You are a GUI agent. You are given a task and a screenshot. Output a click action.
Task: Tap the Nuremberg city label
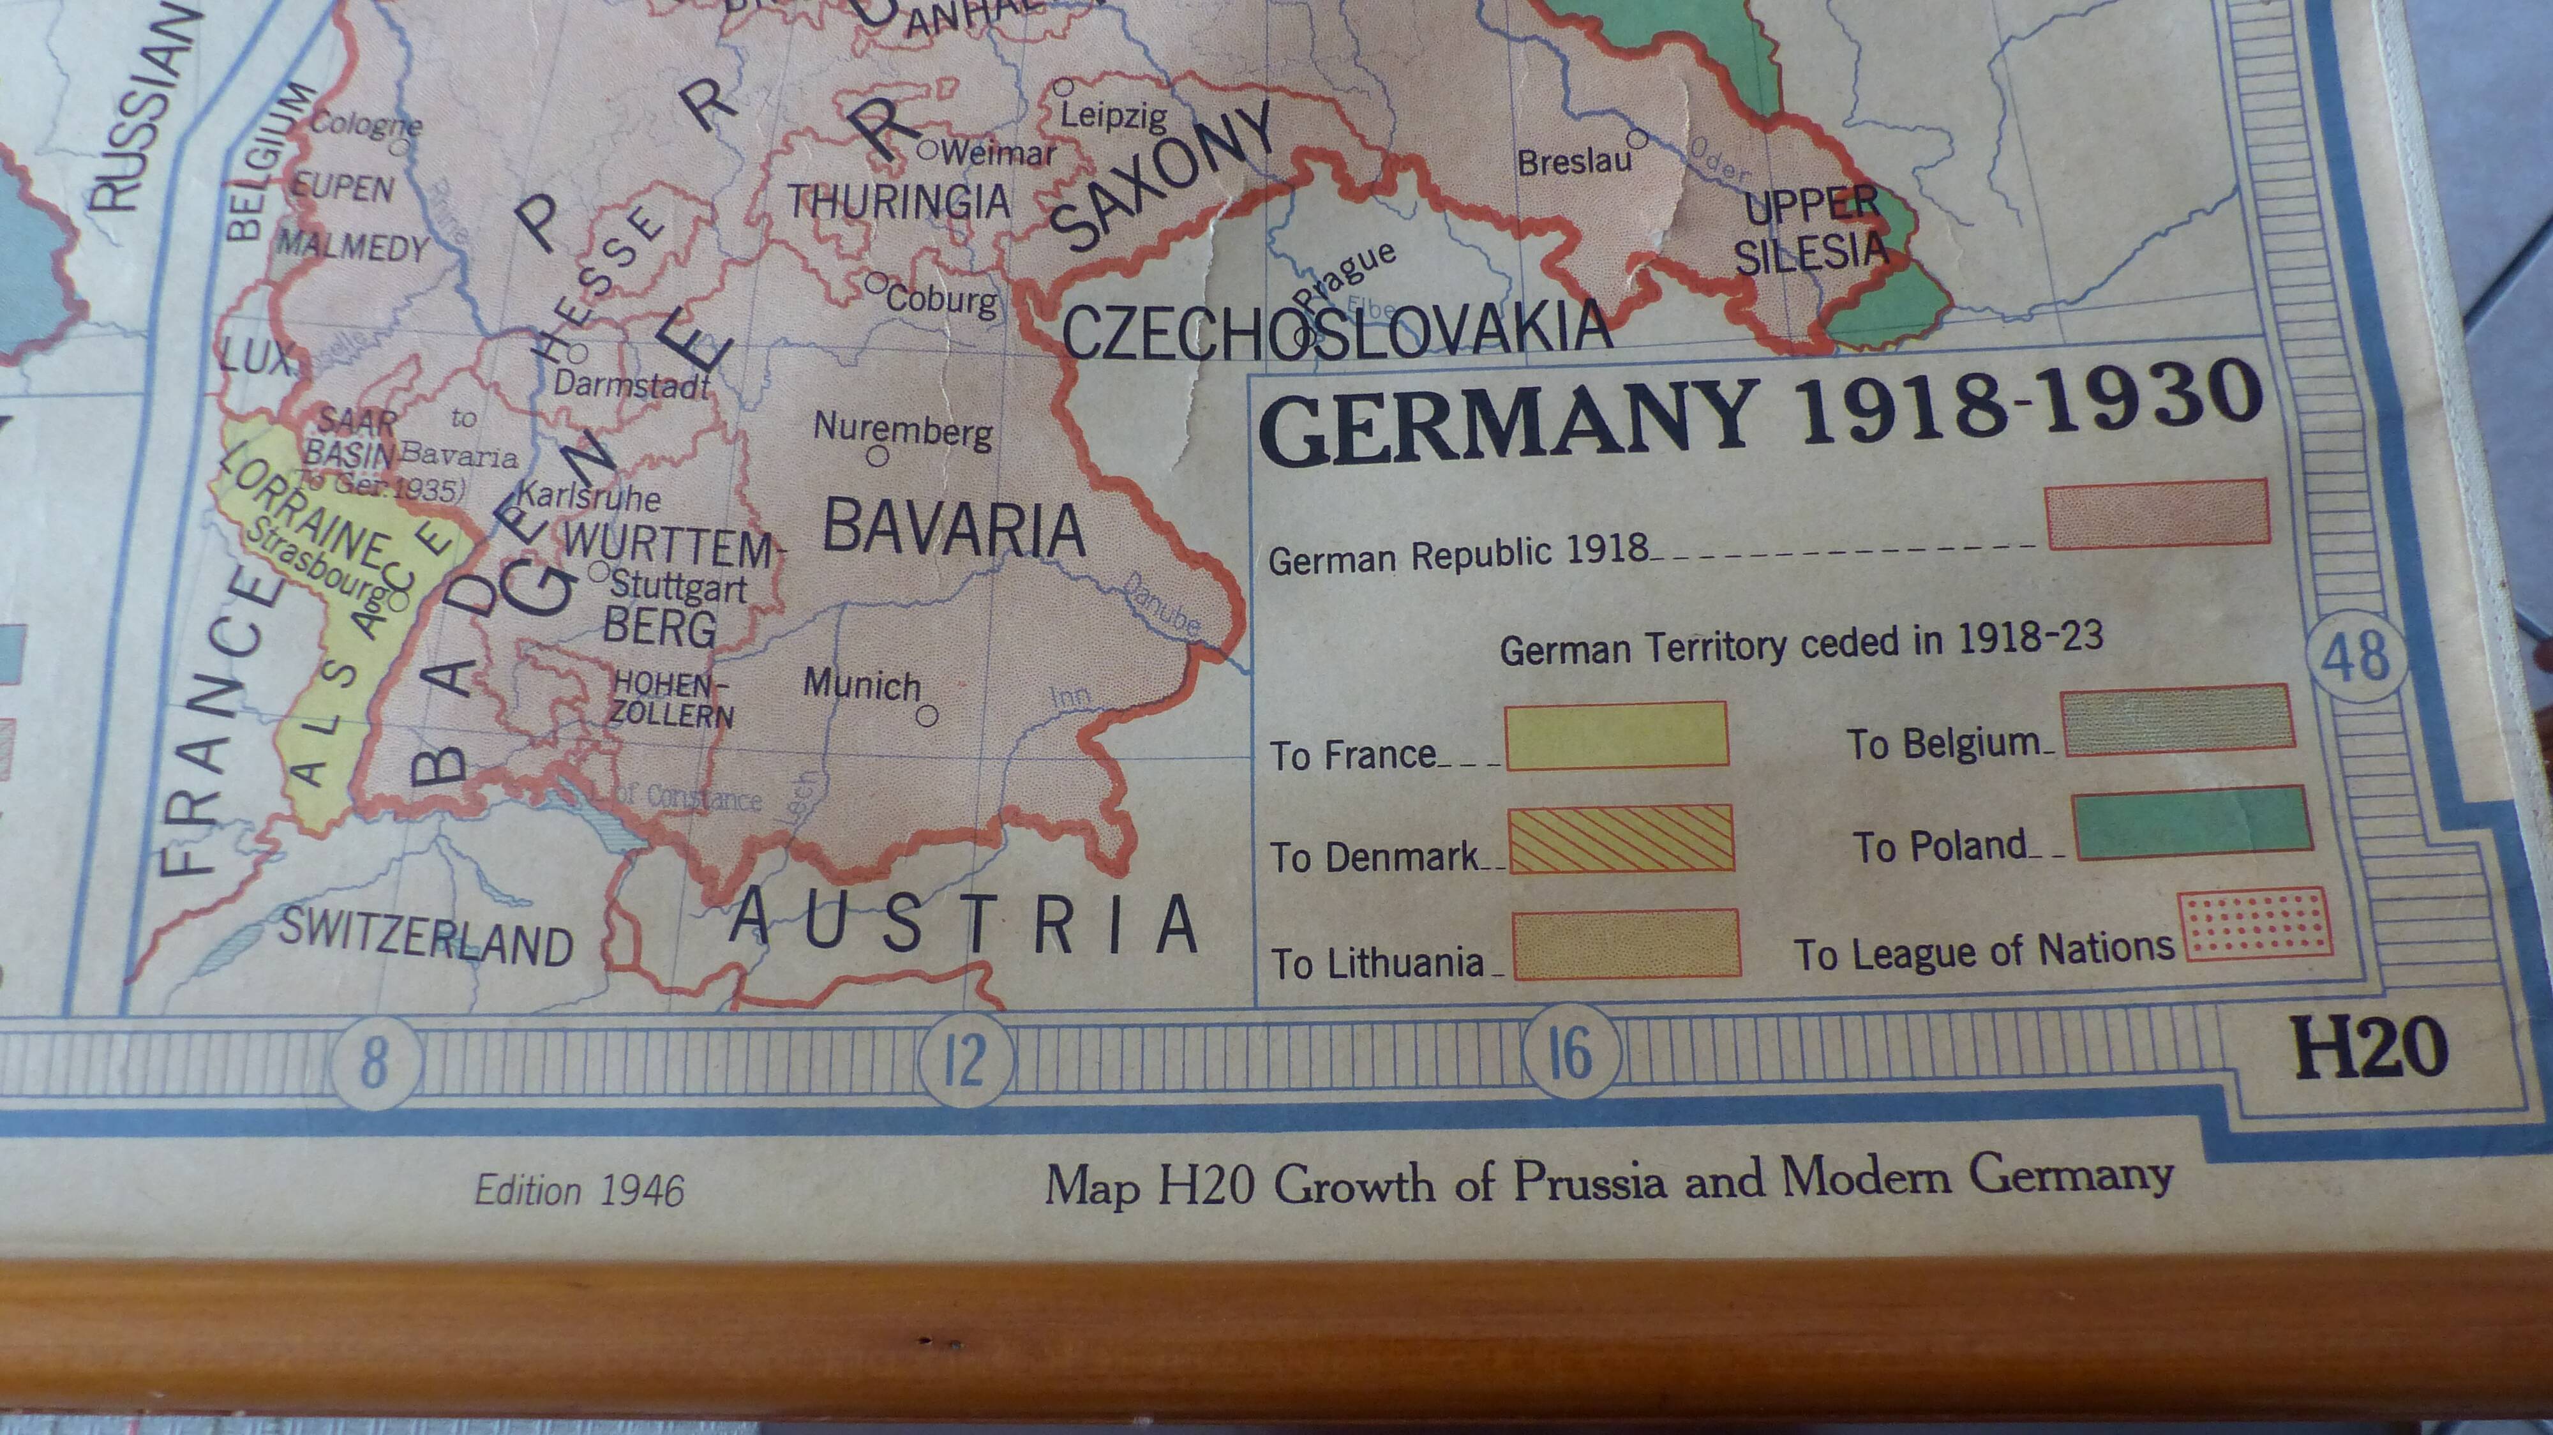coord(902,430)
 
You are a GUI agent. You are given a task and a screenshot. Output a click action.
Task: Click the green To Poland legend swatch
coord(2193,823)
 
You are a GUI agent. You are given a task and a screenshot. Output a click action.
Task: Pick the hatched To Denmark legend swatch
coord(1621,838)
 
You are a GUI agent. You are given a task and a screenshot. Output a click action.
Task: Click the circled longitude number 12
coord(964,1060)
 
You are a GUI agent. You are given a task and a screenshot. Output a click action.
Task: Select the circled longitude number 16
coord(1570,1053)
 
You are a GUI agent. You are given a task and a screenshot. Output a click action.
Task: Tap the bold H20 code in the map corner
coord(2370,1049)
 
